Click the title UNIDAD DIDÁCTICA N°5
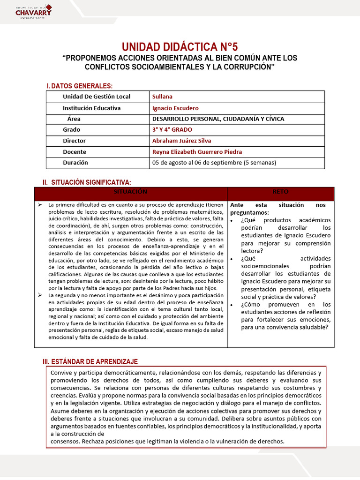pyautogui.click(x=180, y=47)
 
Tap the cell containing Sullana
pyautogui.click(x=162, y=97)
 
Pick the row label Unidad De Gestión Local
pyautogui.click(x=97, y=97)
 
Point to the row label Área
pyautogui.click(x=74, y=119)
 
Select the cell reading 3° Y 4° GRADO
pyautogui.click(x=172, y=129)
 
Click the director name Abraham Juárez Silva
pyautogui.click(x=181, y=141)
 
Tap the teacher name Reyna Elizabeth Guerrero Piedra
pyautogui.click(x=197, y=151)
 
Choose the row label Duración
pyautogui.click(x=75, y=163)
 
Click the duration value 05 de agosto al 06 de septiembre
pyautogui.click(x=214, y=163)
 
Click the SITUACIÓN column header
pyautogui.click(x=130, y=192)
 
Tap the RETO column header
pyautogui.click(x=280, y=192)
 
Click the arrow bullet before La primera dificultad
pyautogui.click(x=39, y=205)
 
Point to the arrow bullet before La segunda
pyautogui.click(x=39, y=295)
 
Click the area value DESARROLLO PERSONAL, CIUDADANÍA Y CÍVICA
pyautogui.click(x=218, y=119)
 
